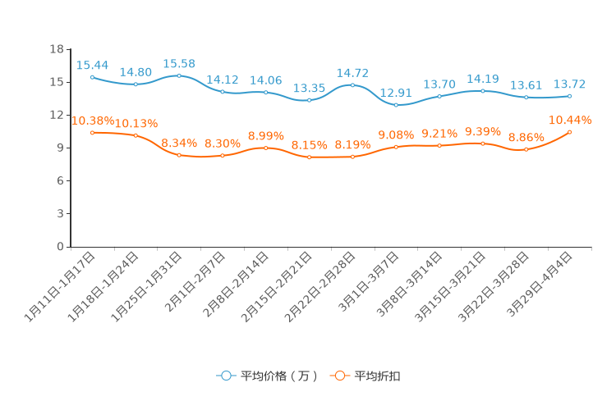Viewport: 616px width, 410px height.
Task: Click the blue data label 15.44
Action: click(92, 65)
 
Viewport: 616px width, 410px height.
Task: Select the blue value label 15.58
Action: click(179, 63)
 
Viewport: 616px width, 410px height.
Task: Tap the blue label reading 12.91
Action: click(396, 93)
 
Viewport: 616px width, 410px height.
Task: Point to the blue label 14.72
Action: click(352, 73)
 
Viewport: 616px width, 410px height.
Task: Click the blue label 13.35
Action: click(309, 88)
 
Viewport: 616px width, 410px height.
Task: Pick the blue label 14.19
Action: click(483, 79)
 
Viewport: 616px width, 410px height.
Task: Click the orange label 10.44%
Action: click(570, 120)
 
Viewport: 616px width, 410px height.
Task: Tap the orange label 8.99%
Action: click(265, 135)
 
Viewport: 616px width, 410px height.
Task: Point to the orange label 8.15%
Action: click(309, 145)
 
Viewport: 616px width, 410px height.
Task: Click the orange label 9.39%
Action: click(483, 131)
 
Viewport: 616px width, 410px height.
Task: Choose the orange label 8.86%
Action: click(526, 137)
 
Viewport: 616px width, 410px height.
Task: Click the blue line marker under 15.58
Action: click(179, 75)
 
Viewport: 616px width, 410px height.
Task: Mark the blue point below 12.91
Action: click(396, 105)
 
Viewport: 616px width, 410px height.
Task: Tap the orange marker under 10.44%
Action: click(570, 132)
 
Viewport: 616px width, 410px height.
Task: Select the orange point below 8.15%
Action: click(309, 157)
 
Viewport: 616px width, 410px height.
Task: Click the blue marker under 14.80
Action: click(136, 84)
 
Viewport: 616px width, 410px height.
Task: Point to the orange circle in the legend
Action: click(339, 376)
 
